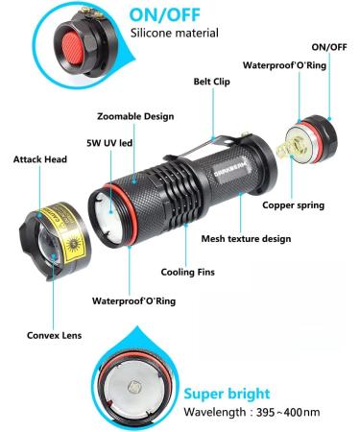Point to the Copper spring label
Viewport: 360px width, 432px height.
pyautogui.click(x=293, y=204)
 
